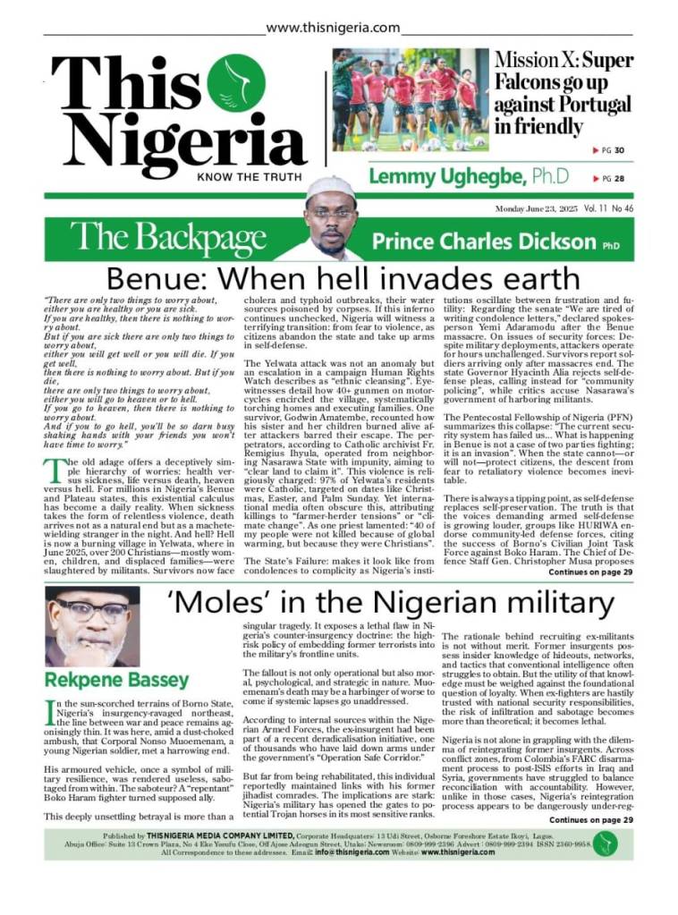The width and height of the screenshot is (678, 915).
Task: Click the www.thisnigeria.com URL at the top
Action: pyautogui.click(x=333, y=28)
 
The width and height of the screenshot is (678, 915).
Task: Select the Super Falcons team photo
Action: pyautogui.click(x=410, y=99)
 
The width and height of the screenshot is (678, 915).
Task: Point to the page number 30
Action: pyautogui.click(x=619, y=150)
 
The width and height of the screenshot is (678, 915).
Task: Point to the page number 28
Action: pyautogui.click(x=619, y=179)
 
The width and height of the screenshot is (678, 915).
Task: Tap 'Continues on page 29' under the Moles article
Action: pyautogui.click(x=590, y=819)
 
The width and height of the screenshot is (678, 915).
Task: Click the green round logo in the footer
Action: pyautogui.click(x=606, y=843)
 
